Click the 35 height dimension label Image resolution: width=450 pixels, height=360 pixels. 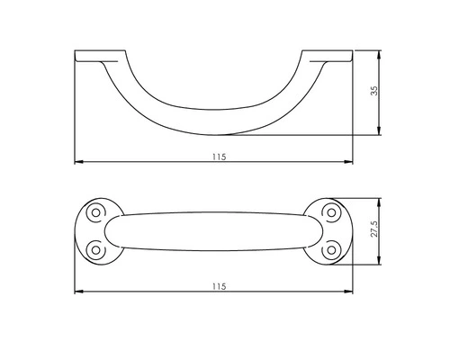(x=374, y=91)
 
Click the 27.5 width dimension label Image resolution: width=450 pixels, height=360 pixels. (x=374, y=229)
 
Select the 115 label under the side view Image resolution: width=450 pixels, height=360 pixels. (x=219, y=157)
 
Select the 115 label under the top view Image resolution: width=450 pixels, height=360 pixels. (x=219, y=286)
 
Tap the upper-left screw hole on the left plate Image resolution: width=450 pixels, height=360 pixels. (x=95, y=212)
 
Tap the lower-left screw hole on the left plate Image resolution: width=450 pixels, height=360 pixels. (x=95, y=250)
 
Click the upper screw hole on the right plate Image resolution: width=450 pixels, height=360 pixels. (x=331, y=212)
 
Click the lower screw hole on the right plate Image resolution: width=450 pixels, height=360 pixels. (x=331, y=250)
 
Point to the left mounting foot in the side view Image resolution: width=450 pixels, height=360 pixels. (x=100, y=56)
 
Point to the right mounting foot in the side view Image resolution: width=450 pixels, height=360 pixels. (x=328, y=56)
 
